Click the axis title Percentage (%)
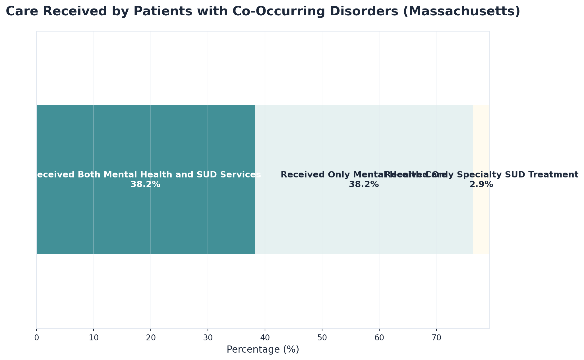263,349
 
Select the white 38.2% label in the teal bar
146,185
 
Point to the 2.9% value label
481,185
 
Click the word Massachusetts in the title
467,12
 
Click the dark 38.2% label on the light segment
364,185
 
